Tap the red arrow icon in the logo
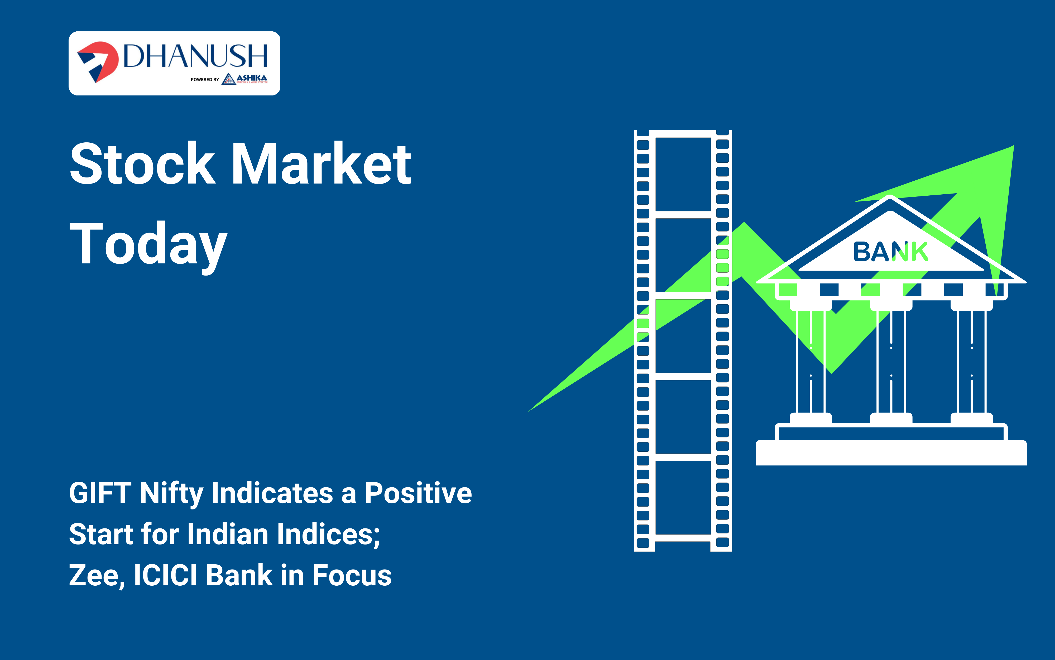pos(98,61)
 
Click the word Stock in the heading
pos(143,164)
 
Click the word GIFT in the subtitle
pos(100,493)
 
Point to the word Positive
pos(418,493)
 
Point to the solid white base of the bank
pos(891,453)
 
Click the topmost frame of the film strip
pos(683,174)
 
